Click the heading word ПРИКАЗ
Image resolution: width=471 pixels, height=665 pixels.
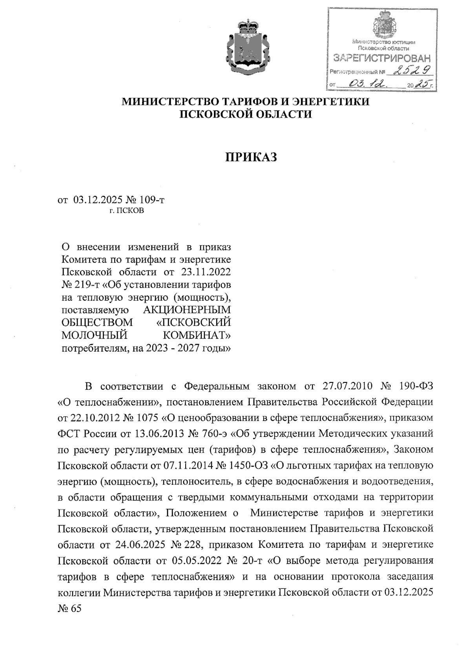pos(251,157)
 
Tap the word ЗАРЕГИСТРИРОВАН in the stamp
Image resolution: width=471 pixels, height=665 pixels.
pos(381,59)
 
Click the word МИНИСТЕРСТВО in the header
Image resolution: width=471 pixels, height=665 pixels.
pos(171,102)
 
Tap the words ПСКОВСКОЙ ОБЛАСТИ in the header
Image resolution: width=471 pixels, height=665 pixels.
pos(246,114)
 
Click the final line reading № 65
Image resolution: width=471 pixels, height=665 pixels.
pos(69,609)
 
